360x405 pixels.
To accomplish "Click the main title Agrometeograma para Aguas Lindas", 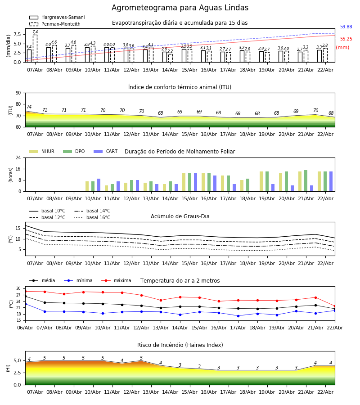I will [180, 8].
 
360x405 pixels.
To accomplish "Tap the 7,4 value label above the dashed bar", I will [35, 32].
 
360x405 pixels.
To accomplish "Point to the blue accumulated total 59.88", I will [346, 27].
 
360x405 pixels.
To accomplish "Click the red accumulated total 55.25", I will [346, 39].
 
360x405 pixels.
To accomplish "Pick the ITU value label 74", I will [29, 107].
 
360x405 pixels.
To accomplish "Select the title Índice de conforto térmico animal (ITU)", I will [180, 87].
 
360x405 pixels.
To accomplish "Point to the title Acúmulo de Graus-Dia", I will [180, 216].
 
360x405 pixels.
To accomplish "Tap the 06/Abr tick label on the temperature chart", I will [25, 327].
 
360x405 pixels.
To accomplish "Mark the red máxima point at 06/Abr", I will [25, 291].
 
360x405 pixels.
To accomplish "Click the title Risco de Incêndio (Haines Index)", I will [180, 345].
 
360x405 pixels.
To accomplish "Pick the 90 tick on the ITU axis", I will [18, 93].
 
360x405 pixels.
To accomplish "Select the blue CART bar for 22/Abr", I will [331, 181].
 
